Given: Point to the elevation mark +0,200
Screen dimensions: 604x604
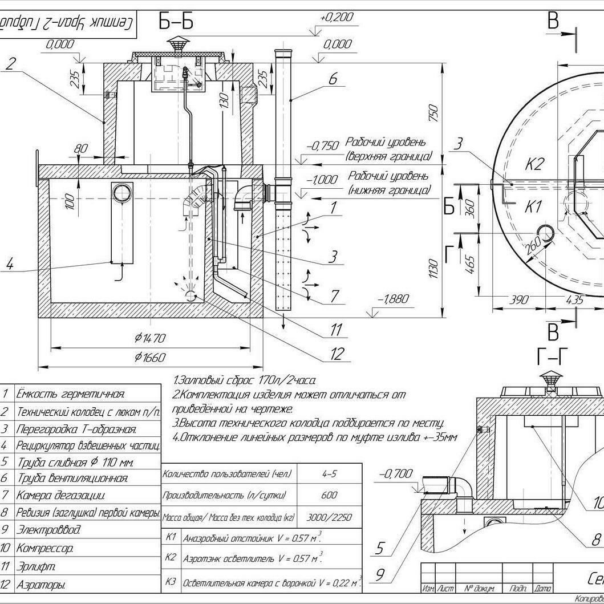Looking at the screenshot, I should [337, 18].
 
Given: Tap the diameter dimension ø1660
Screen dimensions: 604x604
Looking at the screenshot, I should [150, 358].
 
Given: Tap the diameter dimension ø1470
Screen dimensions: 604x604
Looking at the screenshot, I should [150, 338].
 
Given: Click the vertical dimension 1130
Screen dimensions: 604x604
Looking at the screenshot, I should [433, 269].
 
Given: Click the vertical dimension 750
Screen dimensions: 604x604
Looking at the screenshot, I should [433, 112].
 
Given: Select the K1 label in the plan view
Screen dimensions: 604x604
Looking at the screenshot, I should [532, 206].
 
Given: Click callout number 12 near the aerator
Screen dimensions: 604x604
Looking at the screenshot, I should [337, 354].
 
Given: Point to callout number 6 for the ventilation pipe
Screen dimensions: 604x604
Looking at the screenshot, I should [333, 78].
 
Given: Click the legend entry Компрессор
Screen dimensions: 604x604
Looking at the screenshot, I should [44, 549].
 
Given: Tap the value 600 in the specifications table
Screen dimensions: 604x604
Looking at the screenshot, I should [329, 496].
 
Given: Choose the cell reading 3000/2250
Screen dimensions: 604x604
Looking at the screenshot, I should [329, 518].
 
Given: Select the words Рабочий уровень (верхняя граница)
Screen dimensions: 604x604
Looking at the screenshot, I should [388, 149].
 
